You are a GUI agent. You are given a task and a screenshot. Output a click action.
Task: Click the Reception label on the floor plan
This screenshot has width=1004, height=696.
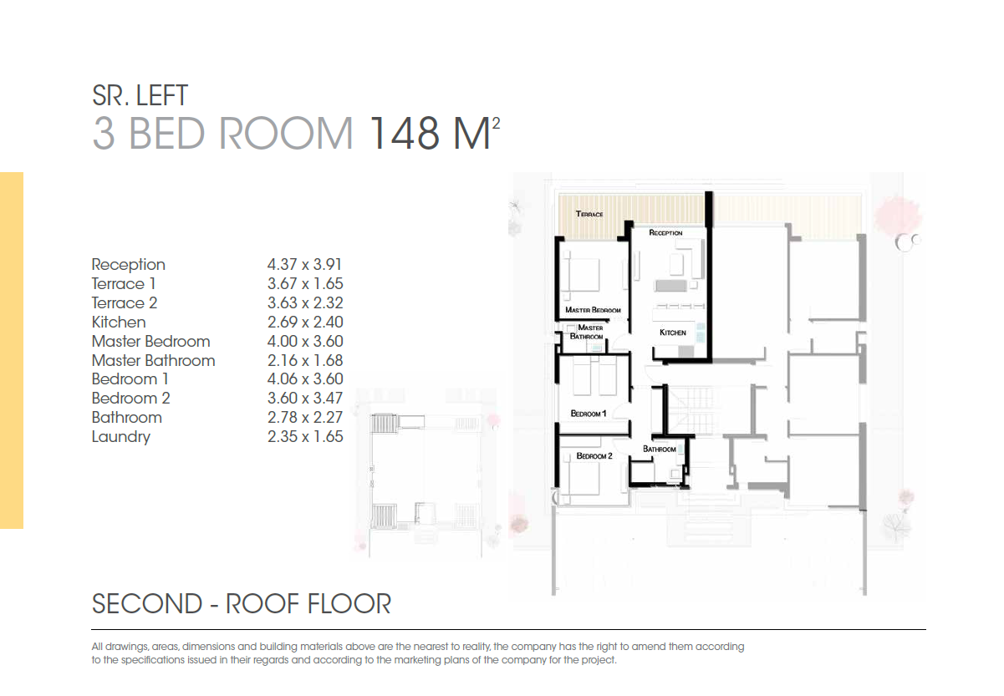point(665,233)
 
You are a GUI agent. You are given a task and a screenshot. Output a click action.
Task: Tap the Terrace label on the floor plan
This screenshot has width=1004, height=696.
point(589,214)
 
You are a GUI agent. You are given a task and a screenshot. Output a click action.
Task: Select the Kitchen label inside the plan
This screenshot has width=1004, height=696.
point(673,333)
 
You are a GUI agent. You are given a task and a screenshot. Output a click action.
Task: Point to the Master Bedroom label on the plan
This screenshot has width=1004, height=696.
point(593,310)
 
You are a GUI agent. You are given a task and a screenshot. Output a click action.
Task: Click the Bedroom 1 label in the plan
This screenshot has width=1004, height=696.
point(588,414)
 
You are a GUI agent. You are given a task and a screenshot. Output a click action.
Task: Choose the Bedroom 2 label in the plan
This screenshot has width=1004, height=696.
point(594,456)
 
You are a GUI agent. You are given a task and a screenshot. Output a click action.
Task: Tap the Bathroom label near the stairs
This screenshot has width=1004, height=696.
point(660,449)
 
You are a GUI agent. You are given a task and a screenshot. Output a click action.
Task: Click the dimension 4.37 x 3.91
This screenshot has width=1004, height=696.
point(305,264)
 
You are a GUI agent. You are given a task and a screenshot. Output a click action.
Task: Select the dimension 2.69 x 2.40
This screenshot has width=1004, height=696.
point(305,322)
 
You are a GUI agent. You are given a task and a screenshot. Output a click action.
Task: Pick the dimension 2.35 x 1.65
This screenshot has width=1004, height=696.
point(305,437)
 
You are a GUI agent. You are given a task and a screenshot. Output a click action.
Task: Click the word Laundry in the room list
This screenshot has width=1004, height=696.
point(121,437)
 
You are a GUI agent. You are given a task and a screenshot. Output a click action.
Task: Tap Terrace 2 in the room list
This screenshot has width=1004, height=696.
point(125,303)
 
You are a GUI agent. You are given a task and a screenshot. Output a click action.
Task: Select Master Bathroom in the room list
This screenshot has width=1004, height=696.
point(153,361)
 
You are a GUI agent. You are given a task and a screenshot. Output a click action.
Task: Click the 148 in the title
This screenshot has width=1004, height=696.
point(404,133)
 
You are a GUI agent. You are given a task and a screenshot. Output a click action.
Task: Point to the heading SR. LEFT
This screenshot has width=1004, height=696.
point(140,95)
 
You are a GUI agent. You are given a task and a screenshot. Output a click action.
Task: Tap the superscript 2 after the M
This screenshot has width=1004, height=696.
point(496,123)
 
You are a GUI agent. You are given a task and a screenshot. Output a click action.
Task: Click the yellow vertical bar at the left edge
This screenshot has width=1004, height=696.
point(12,350)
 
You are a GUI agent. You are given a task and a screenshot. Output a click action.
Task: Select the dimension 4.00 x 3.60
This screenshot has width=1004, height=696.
point(305,341)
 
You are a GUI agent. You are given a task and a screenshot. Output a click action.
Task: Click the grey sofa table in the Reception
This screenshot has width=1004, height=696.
point(670,286)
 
